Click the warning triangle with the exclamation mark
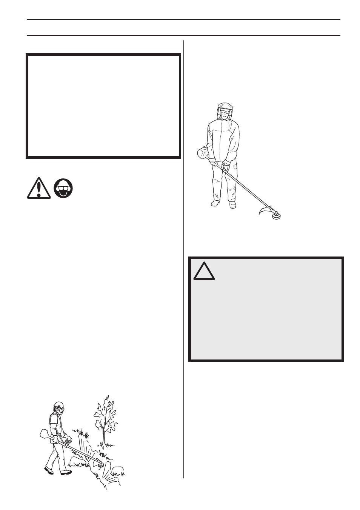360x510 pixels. click(38, 188)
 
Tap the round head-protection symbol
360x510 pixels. click(63, 188)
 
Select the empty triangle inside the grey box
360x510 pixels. click(204, 270)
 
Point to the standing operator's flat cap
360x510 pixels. click(226, 106)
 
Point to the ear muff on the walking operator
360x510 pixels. click(57, 409)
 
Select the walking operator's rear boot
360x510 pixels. click(49, 470)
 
